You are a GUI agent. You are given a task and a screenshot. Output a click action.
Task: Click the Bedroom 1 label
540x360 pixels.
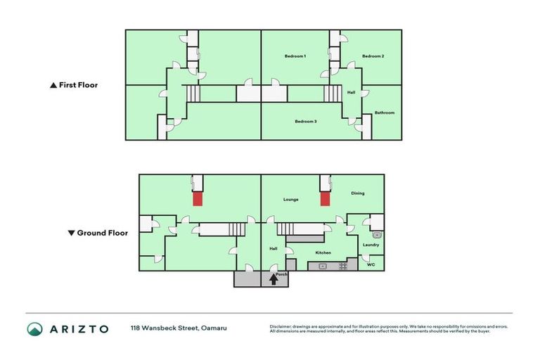(295, 56)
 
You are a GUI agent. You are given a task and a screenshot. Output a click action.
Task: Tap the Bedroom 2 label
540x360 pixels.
(373, 56)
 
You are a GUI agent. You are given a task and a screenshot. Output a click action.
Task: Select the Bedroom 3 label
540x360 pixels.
(305, 121)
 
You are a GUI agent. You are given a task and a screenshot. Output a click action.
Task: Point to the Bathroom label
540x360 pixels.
(384, 112)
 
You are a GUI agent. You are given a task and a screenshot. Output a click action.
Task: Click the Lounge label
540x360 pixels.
(291, 199)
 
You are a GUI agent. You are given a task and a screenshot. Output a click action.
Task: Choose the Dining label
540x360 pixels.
(358, 193)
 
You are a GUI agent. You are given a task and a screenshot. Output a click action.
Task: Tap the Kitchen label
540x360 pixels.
(323, 252)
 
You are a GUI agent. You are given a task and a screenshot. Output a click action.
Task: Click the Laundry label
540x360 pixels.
(371, 245)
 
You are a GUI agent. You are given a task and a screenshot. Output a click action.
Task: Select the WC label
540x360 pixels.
(371, 265)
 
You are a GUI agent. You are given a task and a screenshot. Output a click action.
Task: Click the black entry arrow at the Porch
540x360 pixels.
(274, 280)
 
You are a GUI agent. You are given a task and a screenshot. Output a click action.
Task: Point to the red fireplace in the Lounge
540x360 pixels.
(325, 199)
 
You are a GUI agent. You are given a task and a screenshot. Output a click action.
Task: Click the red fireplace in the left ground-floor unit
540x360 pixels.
(198, 199)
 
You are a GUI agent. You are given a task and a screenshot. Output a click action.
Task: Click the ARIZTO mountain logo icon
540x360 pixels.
(35, 328)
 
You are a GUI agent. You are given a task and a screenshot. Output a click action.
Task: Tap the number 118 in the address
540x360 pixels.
(136, 328)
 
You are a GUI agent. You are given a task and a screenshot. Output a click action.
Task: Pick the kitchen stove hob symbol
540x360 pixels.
(343, 266)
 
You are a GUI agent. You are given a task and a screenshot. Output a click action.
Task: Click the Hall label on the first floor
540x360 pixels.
(351, 91)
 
